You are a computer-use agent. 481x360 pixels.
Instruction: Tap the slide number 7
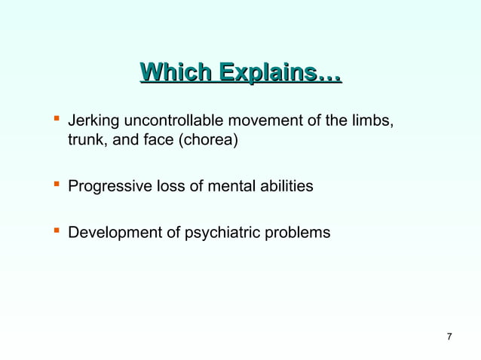click(x=449, y=336)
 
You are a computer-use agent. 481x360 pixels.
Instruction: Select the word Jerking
click(x=92, y=121)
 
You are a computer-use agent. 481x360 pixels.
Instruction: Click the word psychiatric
click(x=217, y=233)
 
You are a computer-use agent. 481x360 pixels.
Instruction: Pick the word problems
click(x=295, y=233)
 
